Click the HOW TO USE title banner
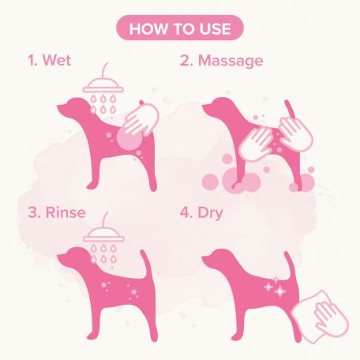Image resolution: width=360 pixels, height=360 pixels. point(180,28)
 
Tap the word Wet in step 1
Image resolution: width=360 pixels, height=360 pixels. point(57,60)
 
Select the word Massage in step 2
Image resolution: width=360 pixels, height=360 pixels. point(231,62)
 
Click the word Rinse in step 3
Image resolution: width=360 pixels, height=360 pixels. point(66,212)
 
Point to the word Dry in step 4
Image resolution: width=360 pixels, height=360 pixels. point(210,213)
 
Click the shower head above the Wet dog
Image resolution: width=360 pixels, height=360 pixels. point(103,84)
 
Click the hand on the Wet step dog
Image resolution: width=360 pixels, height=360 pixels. point(141,119)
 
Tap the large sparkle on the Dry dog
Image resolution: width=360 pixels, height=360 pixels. point(279,291)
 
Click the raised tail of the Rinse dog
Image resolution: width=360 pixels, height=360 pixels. point(145,263)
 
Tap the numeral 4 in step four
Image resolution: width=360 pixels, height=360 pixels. point(184,212)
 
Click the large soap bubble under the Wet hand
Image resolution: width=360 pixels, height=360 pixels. point(129,139)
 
